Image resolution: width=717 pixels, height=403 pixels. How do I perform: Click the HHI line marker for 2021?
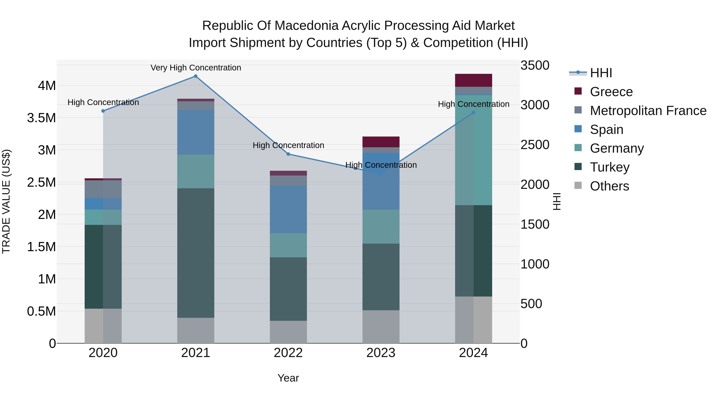[196, 76]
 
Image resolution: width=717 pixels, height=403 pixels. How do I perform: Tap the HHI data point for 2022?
[288, 154]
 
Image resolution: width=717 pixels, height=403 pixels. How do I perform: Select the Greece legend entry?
[611, 92]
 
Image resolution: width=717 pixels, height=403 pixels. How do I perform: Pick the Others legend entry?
[609, 186]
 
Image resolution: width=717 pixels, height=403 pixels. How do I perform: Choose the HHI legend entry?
[601, 73]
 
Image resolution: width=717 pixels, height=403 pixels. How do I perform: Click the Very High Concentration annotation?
[196, 68]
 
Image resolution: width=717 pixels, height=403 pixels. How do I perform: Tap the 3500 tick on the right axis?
[535, 66]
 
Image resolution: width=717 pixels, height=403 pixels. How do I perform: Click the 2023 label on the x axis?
[381, 353]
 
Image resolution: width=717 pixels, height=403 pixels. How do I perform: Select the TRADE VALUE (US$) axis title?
[6, 201]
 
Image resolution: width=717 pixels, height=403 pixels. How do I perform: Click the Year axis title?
[288, 378]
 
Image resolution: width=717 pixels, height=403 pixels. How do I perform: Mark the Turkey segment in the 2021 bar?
[196, 253]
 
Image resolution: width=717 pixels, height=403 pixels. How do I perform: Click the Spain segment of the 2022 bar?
[288, 209]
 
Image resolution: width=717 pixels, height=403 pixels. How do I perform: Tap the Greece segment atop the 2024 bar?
[473, 80]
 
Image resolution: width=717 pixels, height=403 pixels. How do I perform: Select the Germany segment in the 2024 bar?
[473, 150]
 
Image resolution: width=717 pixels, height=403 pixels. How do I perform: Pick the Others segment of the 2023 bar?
[381, 327]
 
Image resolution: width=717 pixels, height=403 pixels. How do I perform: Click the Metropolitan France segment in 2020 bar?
[103, 189]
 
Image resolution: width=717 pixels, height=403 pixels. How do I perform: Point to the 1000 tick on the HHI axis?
[535, 264]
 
